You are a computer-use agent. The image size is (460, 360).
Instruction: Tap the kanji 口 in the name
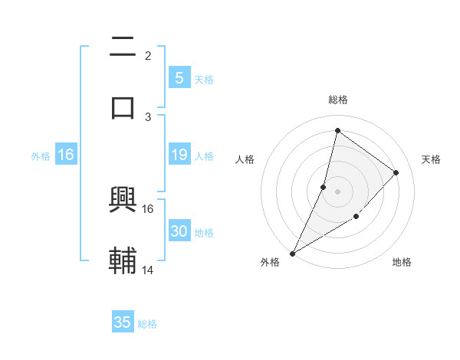(x=123, y=107)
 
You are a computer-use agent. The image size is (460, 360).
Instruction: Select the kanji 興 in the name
(x=123, y=200)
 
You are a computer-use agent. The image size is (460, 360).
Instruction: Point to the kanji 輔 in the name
(x=123, y=260)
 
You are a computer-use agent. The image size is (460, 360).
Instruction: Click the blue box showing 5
(x=179, y=77)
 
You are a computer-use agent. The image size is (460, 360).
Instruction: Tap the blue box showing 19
(x=179, y=155)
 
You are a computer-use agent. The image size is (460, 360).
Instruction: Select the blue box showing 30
(x=179, y=231)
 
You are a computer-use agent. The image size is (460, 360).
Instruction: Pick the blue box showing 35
(x=123, y=322)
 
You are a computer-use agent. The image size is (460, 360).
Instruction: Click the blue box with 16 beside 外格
(x=66, y=155)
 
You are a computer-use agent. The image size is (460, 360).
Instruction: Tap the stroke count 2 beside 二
(x=148, y=56)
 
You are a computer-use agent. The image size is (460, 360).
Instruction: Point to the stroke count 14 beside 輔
(x=148, y=270)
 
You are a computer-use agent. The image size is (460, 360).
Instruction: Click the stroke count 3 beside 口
(x=148, y=116)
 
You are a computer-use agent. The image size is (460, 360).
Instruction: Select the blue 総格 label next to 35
(x=147, y=324)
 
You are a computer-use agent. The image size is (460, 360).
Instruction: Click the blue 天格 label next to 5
(x=204, y=79)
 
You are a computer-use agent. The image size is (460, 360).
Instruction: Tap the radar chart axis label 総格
(x=337, y=100)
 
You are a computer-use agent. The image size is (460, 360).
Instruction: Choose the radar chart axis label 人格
(x=245, y=159)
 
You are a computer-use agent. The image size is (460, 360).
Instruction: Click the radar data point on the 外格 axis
(x=293, y=253)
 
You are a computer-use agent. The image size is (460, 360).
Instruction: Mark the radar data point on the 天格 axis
(x=396, y=172)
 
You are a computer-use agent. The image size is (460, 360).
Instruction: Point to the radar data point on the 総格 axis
(x=337, y=130)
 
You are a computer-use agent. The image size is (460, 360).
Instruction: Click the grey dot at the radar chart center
(x=337, y=191)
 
